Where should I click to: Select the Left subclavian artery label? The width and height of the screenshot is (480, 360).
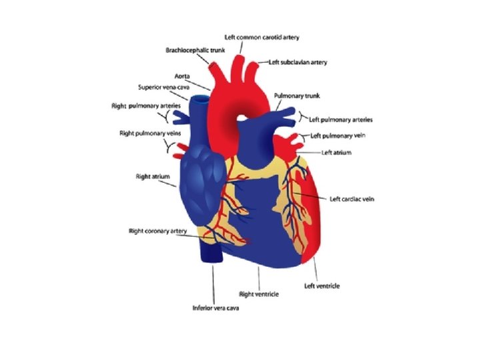(x=298, y=62)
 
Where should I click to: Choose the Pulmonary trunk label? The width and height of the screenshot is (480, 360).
(x=297, y=96)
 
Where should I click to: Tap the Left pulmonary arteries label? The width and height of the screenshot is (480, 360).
(x=341, y=120)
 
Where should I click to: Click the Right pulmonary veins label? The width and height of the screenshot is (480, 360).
(x=150, y=133)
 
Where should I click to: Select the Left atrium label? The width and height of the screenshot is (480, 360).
(x=336, y=153)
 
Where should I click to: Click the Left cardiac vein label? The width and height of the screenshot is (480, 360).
(x=352, y=199)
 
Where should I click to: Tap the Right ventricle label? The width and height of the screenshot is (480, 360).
(x=259, y=293)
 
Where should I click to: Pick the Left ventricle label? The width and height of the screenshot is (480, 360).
(x=322, y=286)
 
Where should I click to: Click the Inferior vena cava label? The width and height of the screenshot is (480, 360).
(x=215, y=308)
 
